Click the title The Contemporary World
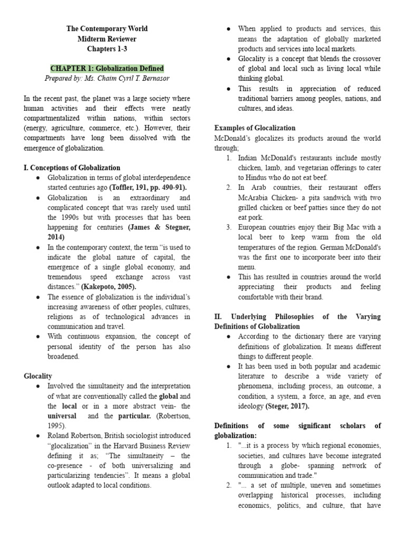(107, 29)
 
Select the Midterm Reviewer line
(107, 39)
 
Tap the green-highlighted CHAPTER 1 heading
(107, 69)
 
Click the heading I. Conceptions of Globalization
(72, 168)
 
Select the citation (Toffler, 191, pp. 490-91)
(148, 188)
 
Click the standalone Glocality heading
(38, 376)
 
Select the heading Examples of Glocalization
(255, 128)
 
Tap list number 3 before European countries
(229, 227)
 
